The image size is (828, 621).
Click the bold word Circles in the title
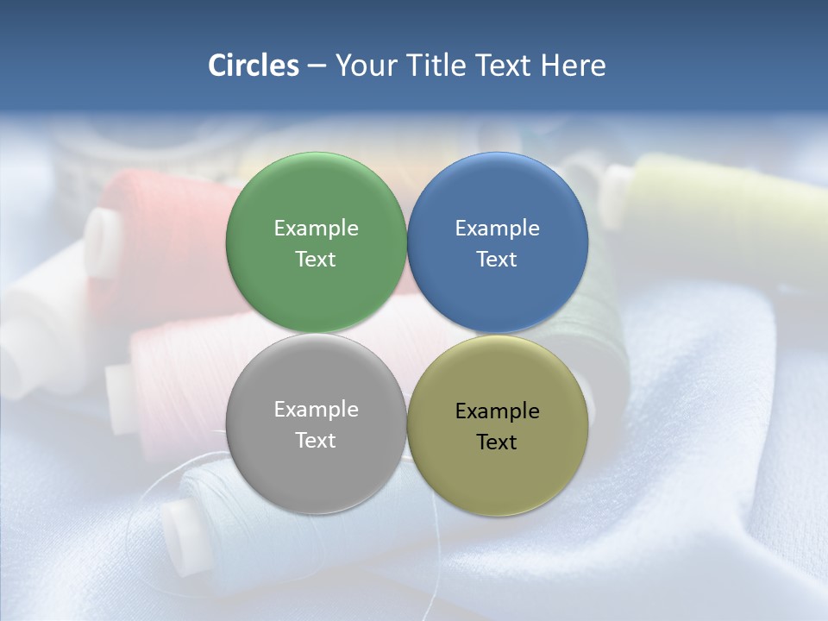click(x=254, y=66)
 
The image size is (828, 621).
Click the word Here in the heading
click(x=573, y=66)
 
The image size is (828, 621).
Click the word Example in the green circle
click(x=316, y=228)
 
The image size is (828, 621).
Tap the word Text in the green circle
click(x=316, y=259)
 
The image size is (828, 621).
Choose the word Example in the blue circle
click(x=497, y=228)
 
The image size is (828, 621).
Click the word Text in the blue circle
click(x=497, y=259)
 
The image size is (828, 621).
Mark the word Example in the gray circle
click(x=316, y=409)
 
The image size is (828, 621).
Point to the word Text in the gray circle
click(x=316, y=440)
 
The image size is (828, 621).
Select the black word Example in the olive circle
click(x=497, y=411)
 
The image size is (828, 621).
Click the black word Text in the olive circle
click(x=497, y=442)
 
